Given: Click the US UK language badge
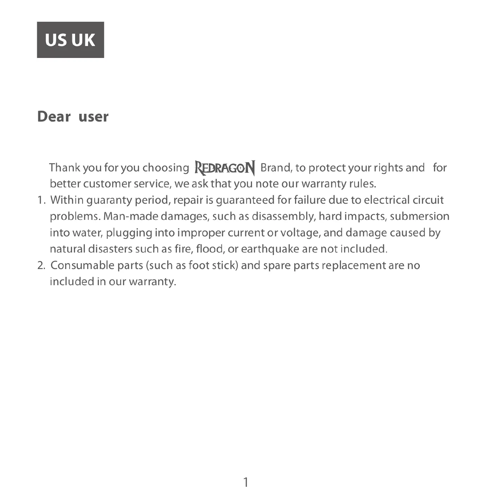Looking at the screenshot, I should tap(70, 40).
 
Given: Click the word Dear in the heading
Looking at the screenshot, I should tap(54, 117).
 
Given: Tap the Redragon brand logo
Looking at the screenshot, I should tap(225, 168).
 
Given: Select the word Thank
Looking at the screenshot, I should tap(65, 168).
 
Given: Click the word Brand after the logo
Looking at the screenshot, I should tap(276, 168).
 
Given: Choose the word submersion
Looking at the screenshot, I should tap(419, 216).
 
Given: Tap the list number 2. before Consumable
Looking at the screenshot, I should tap(41, 266).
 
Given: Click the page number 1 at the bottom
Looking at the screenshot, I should tap(246, 482).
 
